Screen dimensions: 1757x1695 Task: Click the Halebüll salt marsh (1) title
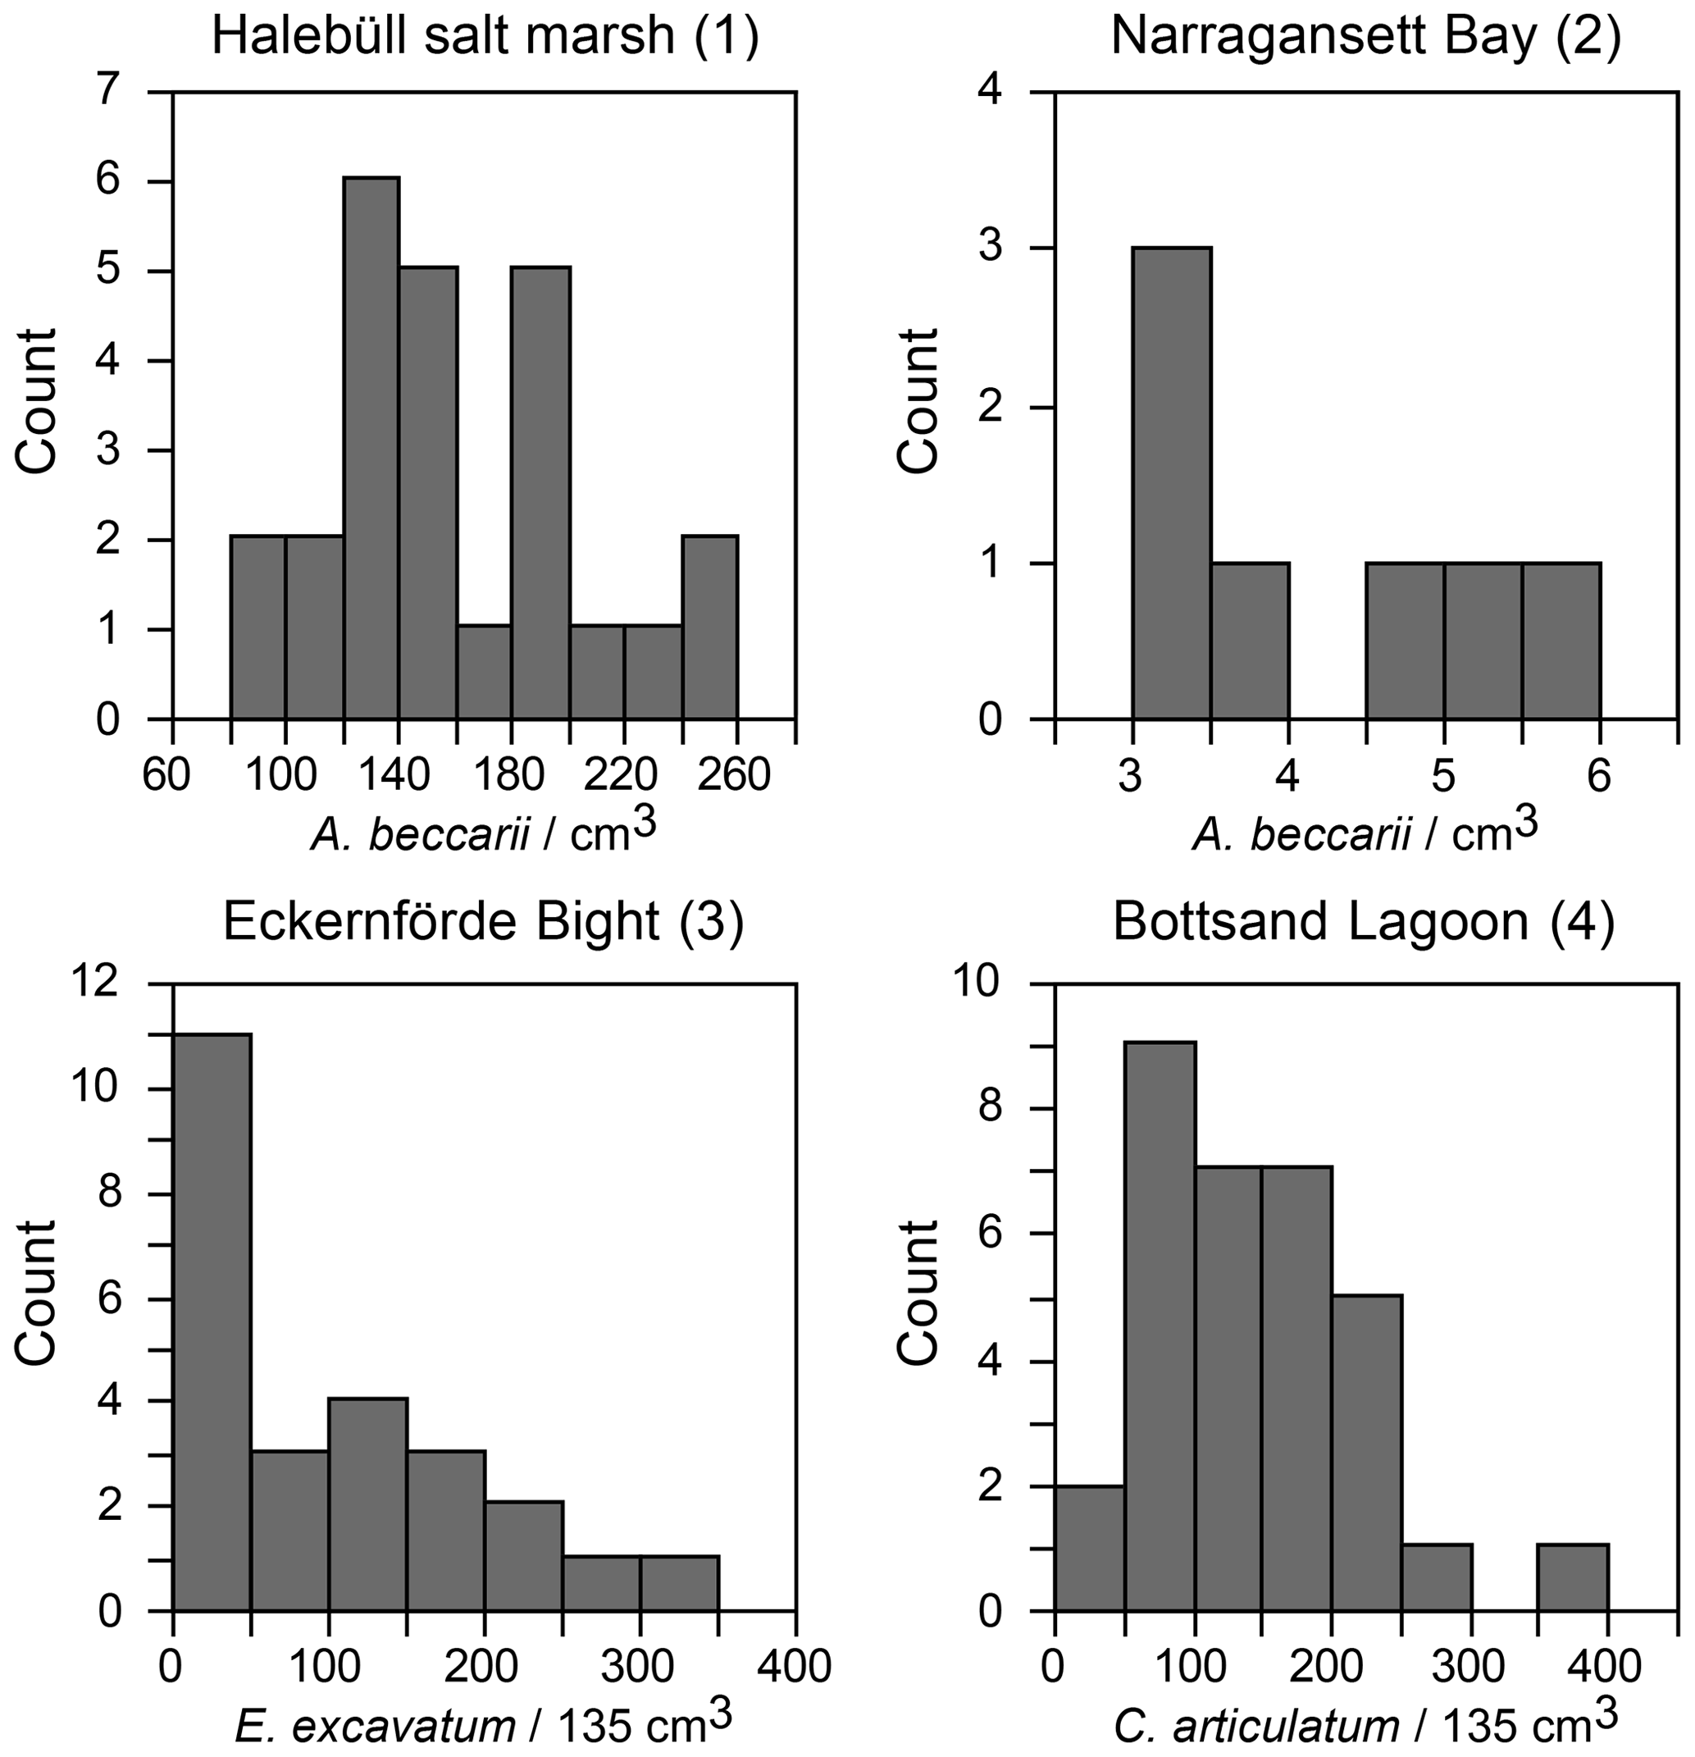(485, 38)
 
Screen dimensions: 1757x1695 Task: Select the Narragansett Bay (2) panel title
(1365, 38)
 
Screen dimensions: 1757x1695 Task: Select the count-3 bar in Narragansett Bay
(1172, 483)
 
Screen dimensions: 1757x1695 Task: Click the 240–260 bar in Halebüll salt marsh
(710, 627)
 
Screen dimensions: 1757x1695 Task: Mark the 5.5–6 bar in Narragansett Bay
(1561, 641)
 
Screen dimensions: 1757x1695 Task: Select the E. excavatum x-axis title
(483, 1722)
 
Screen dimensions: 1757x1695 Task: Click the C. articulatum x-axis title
(1365, 1722)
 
